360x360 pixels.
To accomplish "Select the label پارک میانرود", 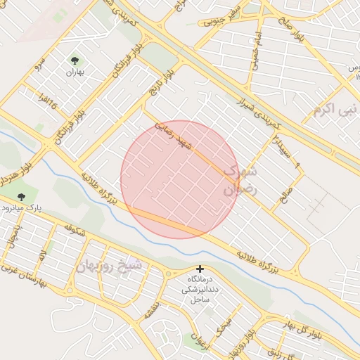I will point(19,209).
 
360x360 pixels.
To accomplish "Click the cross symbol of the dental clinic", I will point(200,269).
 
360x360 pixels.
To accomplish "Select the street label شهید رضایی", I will point(174,136).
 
